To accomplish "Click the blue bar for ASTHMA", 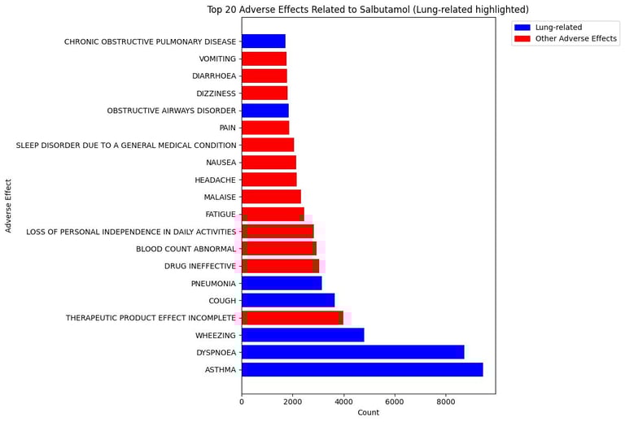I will tap(362, 370).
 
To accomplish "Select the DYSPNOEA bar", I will tap(352, 352).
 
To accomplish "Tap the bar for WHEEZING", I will tap(303, 335).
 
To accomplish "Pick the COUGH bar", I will tap(288, 300).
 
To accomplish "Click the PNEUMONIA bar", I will tap(282, 283).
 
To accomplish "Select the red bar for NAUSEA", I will tap(269, 163).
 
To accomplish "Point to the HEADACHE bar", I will tap(269, 180).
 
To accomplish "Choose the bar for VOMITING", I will tap(264, 59).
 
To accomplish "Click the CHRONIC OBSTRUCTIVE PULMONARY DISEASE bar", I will tap(264, 41).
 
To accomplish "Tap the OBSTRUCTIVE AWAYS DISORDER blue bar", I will tap(265, 111).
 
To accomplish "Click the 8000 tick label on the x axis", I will tap(445, 401).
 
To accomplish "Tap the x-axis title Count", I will tap(368, 413).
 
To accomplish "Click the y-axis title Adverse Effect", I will tap(9, 206).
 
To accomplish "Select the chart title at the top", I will tap(368, 10).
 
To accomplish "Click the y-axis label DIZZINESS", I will tap(216, 94).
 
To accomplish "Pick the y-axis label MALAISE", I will tap(220, 197).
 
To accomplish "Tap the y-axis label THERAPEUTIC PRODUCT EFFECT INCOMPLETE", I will tap(151, 318).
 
